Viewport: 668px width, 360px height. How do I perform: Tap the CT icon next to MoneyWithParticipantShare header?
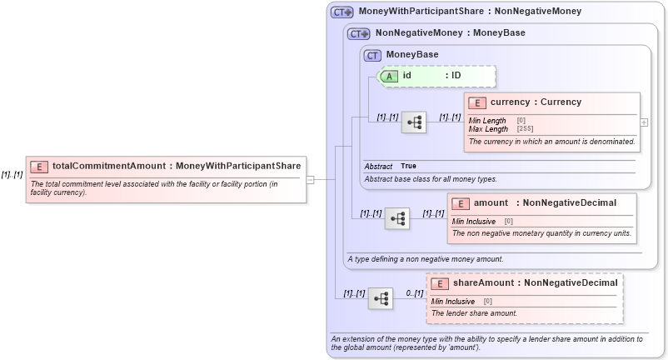coord(342,12)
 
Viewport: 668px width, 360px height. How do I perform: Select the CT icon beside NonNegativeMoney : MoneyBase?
coord(359,34)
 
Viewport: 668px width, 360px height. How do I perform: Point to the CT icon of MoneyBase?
coord(372,55)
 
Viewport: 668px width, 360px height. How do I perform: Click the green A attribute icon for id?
coord(390,76)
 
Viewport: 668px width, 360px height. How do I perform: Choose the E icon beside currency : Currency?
coord(477,102)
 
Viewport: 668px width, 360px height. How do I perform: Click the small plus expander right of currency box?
coord(643,122)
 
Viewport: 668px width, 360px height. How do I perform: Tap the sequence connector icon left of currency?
coord(414,122)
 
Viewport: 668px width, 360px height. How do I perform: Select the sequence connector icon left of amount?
coord(397,218)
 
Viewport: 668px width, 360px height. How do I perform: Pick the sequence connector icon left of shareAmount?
coord(381,297)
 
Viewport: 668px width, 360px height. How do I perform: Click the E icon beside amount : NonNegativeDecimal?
coord(461,203)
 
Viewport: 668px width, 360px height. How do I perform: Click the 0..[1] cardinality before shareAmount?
coord(414,293)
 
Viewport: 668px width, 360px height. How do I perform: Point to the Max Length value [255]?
coord(525,129)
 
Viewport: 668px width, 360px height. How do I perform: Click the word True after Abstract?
coord(408,167)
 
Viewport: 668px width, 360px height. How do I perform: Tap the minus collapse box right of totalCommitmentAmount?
coord(309,178)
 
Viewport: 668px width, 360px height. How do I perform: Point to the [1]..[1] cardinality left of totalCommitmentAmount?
coord(12,174)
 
